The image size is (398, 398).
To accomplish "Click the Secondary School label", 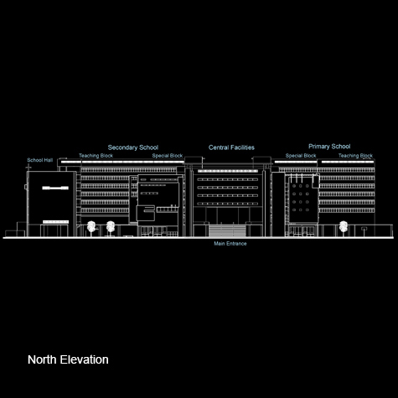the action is coord(133,147).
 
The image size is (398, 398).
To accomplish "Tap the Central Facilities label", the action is coord(231,147).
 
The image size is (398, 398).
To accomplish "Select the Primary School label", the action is coord(329,147).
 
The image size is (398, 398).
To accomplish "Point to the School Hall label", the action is coord(40,160).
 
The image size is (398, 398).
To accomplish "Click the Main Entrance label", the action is coord(230,244).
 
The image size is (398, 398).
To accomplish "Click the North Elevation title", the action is coord(68,359).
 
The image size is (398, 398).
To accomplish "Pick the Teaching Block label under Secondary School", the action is coord(96,156).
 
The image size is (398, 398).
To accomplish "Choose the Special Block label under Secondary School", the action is coord(168,156).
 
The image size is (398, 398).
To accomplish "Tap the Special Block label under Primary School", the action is coord(301,156).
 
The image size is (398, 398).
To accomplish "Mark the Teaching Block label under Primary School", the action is coord(355,156).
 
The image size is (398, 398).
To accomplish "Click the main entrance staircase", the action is coord(227,230).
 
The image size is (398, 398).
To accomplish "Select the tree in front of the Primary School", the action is coord(344,228).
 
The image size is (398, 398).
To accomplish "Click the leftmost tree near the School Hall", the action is coord(91,228).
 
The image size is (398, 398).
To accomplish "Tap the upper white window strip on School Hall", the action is coord(55,188).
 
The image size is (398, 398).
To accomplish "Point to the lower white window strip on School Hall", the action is coord(55,222).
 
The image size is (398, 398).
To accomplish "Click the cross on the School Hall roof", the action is coord(28,168).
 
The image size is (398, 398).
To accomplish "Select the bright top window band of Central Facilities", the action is coord(228,171).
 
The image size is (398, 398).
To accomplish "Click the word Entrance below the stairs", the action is coord(237,244).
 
